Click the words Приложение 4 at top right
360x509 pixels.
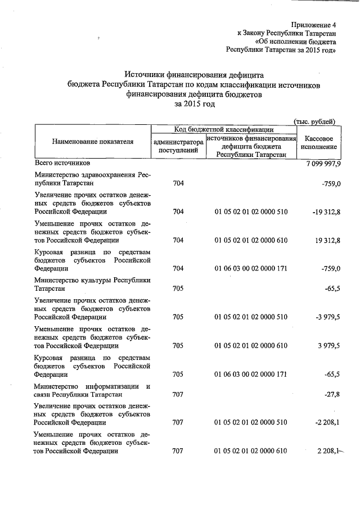[313, 25]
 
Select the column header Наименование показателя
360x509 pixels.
[93, 142]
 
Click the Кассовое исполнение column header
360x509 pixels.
[318, 142]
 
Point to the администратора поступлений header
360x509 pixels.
[178, 146]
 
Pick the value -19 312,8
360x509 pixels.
[323, 212]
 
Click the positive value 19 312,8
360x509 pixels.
[325, 240]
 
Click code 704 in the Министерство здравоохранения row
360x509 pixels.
[178, 183]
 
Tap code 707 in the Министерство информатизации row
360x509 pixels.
[178, 394]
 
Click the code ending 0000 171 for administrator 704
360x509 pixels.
[251, 269]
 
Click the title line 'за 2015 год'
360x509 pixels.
[195, 104]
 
